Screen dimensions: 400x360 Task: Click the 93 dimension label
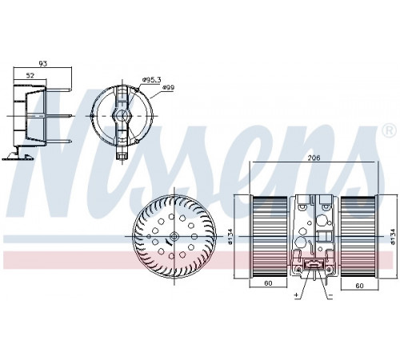43,63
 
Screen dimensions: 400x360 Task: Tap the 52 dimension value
31,75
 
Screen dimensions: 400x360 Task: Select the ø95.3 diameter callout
151,79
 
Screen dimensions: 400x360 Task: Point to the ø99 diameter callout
168,87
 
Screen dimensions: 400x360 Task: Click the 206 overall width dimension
314,158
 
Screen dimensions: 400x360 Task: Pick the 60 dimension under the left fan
268,283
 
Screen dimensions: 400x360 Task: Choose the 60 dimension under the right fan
359,286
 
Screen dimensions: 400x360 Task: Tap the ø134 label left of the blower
230,237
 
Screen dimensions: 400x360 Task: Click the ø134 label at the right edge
392,237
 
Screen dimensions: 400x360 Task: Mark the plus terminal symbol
296,295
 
